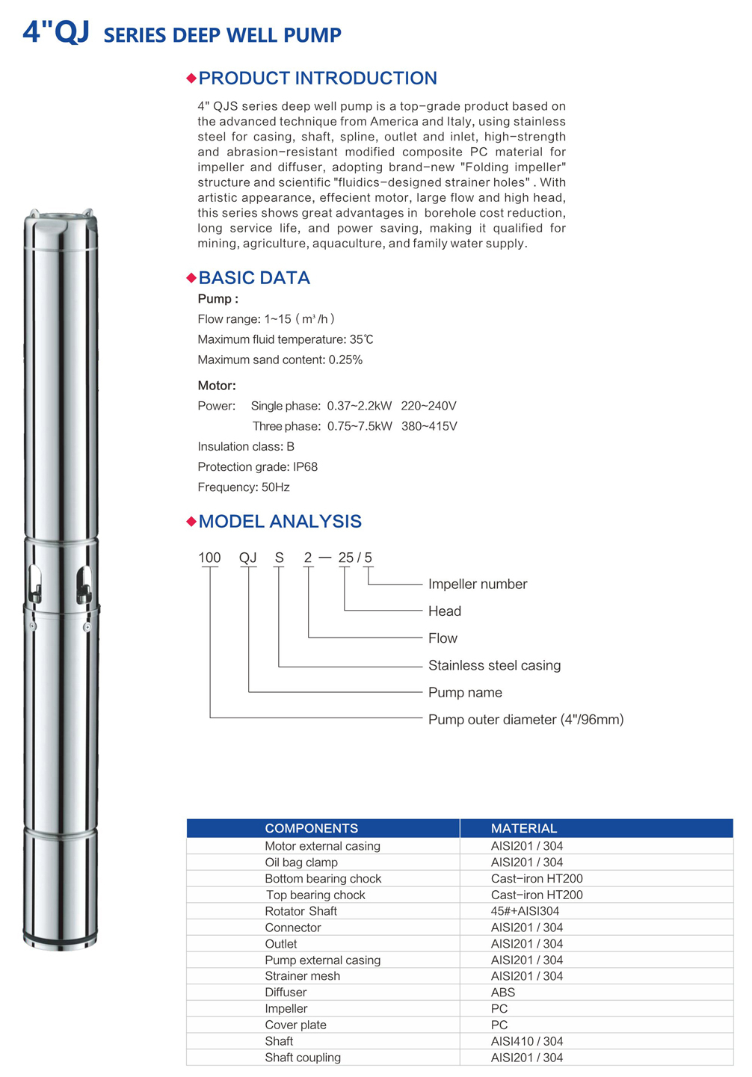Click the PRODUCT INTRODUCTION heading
pyautogui.click(x=317, y=78)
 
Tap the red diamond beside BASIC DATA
pyautogui.click(x=191, y=278)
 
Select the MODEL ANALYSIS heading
pyautogui.click(x=280, y=522)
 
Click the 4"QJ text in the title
pyautogui.click(x=56, y=32)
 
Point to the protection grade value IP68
pyautogui.click(x=305, y=467)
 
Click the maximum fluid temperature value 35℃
pyautogui.click(x=361, y=339)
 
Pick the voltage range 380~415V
pyautogui.click(x=429, y=426)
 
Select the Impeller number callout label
pyautogui.click(x=478, y=584)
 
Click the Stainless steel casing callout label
pyautogui.click(x=494, y=665)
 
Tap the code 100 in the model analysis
pyautogui.click(x=209, y=558)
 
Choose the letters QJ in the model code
pyautogui.click(x=247, y=558)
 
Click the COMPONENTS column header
pyautogui.click(x=311, y=828)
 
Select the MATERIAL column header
pyautogui.click(x=524, y=828)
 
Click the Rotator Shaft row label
pyautogui.click(x=301, y=911)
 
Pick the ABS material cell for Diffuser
pyautogui.click(x=503, y=993)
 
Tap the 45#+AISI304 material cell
pyautogui.click(x=525, y=911)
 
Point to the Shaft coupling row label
pyautogui.click(x=303, y=1058)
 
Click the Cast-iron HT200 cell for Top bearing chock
pyautogui.click(x=537, y=895)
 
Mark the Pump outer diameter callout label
pyautogui.click(x=526, y=720)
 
